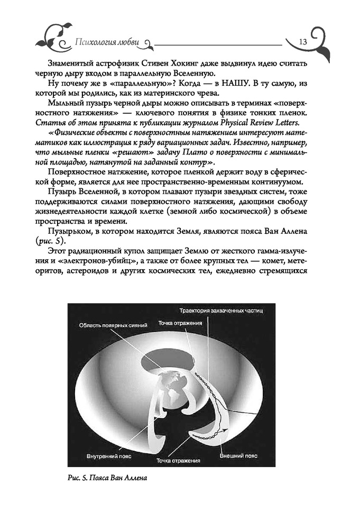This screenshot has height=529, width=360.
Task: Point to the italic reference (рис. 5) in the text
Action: click(63, 241)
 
